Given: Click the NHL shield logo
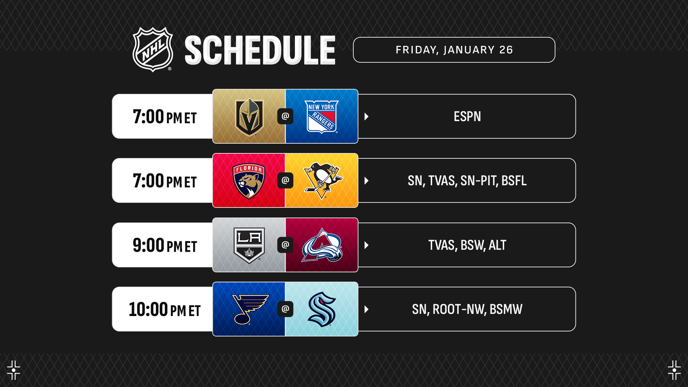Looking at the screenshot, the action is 153,49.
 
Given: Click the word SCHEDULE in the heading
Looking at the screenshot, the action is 260,50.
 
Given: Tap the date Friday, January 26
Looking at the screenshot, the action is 454,50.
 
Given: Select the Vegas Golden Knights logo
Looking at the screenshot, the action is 249,117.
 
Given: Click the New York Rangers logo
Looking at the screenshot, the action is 321,117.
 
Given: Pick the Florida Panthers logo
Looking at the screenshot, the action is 249,181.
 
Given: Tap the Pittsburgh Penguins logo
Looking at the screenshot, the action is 322,181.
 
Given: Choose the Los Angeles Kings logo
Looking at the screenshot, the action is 249,245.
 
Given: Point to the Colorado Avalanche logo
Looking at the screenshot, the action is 322,245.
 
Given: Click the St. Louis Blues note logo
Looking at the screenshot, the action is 250,309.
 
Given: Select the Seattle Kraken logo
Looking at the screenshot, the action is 322,309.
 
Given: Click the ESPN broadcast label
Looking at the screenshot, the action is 467,116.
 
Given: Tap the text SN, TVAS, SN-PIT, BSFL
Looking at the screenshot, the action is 467,181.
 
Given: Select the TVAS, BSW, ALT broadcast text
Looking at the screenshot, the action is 467,245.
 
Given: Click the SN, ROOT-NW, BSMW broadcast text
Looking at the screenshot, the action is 467,309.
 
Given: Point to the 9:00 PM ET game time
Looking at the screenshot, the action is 165,245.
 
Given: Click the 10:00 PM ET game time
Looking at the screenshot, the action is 165,310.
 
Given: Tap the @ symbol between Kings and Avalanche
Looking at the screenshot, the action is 285,245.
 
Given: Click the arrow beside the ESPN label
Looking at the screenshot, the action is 367,116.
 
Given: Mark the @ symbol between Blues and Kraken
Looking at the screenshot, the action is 285,309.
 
